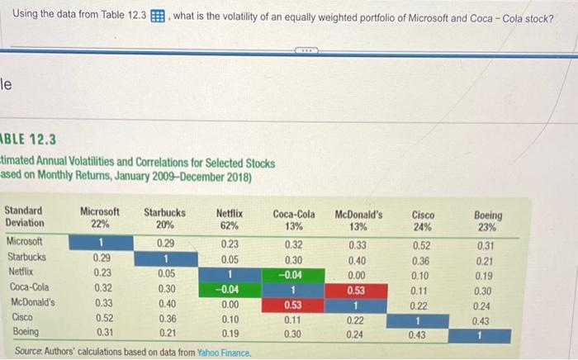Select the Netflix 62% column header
[x=229, y=218]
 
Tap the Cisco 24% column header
[x=424, y=220]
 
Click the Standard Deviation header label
[x=25, y=218]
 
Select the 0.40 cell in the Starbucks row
[x=357, y=258]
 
